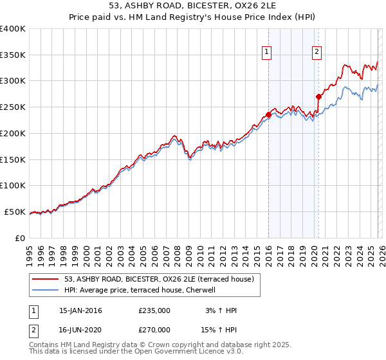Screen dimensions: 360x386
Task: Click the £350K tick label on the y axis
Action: tap(13, 55)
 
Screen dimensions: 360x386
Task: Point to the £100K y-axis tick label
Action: tap(13, 186)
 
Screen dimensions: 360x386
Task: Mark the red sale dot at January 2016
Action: tap(268, 115)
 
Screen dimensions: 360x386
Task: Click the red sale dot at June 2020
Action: tap(318, 97)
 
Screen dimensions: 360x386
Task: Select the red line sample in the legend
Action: tap(46, 279)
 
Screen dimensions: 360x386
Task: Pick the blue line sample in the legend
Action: tap(46, 290)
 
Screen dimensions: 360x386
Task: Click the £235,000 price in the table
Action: tap(154, 310)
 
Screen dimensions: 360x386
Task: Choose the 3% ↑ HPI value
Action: tap(219, 310)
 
